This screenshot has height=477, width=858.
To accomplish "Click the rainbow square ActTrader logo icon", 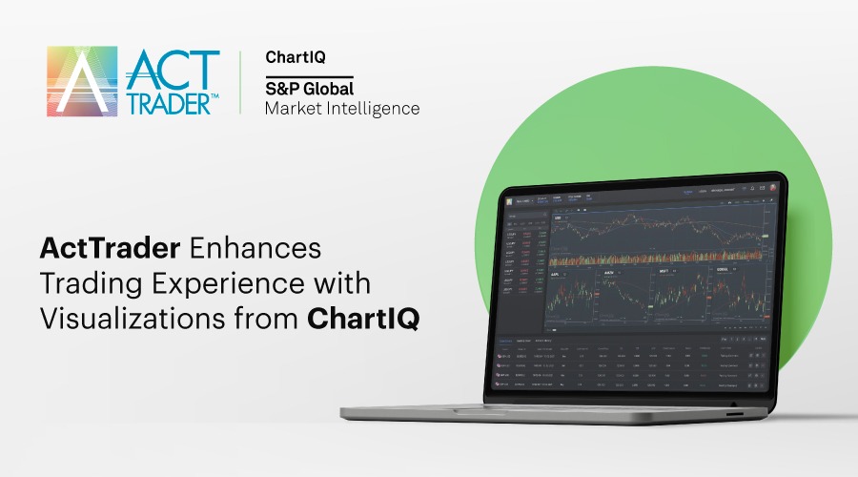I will coord(82,82).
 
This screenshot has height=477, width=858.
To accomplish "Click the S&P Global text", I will coord(309,89).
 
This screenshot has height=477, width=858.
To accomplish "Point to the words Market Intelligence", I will coord(341,109).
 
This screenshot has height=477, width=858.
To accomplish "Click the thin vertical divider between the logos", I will coord(239,82).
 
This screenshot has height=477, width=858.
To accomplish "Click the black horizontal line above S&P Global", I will coord(309,76).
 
